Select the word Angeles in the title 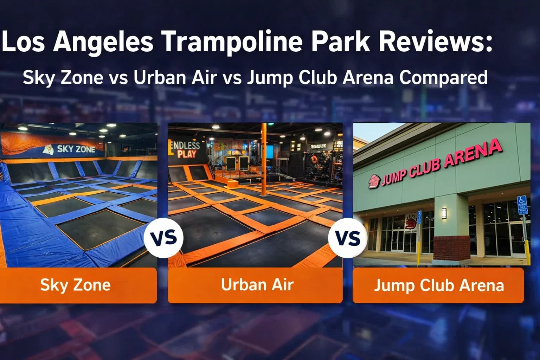click(x=103, y=42)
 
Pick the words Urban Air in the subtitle click(x=175, y=78)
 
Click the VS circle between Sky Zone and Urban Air click(x=163, y=238)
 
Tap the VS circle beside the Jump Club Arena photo click(x=348, y=238)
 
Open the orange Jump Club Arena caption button click(x=438, y=285)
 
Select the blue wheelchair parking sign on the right click(x=522, y=205)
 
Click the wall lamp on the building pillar click(x=444, y=213)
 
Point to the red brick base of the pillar click(x=452, y=248)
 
